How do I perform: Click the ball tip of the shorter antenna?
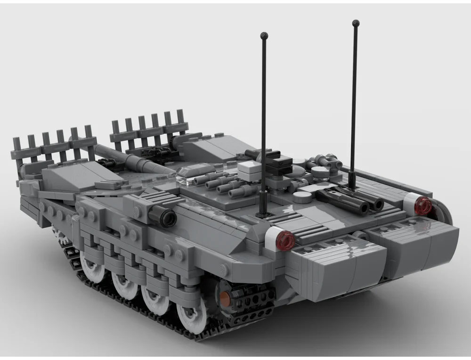(x=264, y=35)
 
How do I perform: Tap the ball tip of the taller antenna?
(x=356, y=23)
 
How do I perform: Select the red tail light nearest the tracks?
(x=285, y=241)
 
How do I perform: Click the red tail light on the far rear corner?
(x=422, y=205)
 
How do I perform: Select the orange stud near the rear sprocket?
(x=225, y=296)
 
